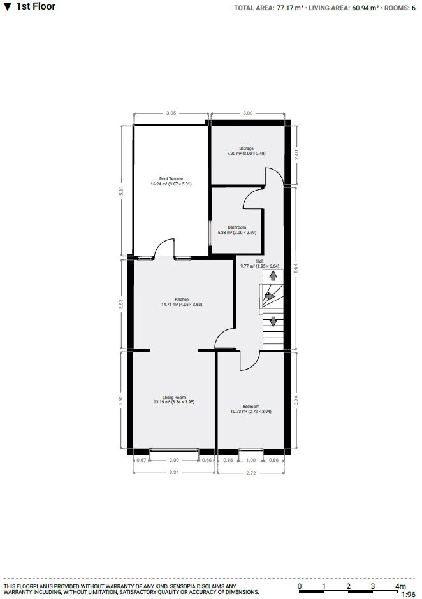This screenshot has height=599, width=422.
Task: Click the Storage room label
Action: click(x=246, y=148)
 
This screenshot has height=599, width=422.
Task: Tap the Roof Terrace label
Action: click(x=171, y=179)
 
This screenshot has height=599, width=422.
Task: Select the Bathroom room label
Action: click(x=237, y=227)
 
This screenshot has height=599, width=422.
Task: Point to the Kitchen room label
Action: click(x=182, y=299)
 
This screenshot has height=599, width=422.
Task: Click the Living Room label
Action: click(x=174, y=398)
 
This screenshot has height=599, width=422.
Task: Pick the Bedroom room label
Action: click(x=251, y=407)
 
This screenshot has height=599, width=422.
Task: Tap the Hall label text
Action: click(x=260, y=261)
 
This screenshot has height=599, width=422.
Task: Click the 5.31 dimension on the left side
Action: click(x=122, y=190)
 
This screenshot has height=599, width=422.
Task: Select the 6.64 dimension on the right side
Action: click(x=296, y=268)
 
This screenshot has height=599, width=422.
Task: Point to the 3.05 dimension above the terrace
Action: click(x=171, y=113)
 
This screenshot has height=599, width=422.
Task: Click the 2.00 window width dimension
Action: click(x=174, y=460)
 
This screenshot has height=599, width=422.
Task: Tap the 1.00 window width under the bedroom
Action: click(x=251, y=460)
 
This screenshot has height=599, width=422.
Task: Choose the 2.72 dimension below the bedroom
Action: click(x=251, y=473)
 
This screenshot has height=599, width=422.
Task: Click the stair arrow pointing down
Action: click(x=273, y=321)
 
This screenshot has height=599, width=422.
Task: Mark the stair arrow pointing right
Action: click(x=270, y=296)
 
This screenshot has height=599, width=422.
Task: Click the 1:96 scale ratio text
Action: click(x=409, y=595)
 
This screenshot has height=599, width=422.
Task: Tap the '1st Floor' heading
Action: click(x=36, y=6)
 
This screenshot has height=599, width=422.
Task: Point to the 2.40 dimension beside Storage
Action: click(x=296, y=155)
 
